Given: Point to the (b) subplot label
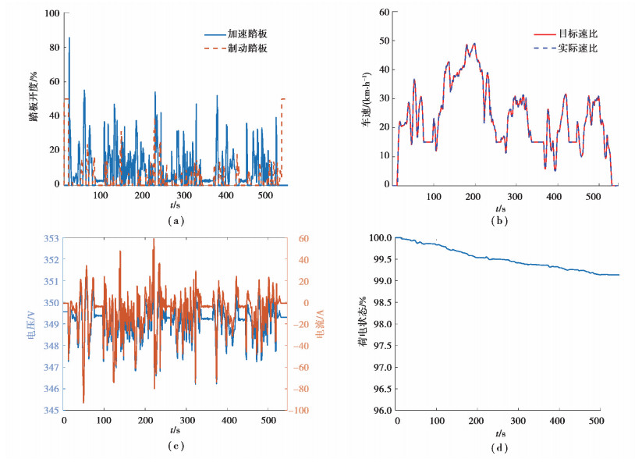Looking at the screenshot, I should tap(500, 221).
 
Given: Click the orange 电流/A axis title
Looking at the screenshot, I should tap(321, 328).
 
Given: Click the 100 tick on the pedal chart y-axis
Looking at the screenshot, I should tap(51, 14).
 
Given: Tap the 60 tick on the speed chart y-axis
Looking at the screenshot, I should tap(383, 12).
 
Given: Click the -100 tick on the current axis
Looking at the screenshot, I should tap(300, 411).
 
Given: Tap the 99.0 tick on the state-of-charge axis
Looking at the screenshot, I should tap(380, 281).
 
